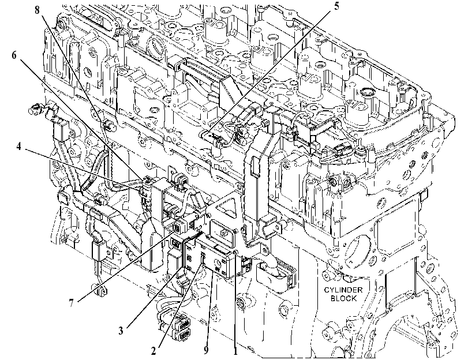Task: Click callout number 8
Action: [x=37, y=10]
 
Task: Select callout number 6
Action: [x=14, y=55]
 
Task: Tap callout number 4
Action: [x=18, y=147]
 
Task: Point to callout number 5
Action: [x=336, y=6]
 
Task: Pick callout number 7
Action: [x=71, y=303]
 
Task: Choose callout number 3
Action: [x=121, y=331]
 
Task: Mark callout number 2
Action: [x=153, y=351]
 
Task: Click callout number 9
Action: [x=206, y=350]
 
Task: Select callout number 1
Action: [x=235, y=351]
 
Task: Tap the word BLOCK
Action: [x=343, y=298]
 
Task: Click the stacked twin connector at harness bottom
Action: [x=183, y=328]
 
